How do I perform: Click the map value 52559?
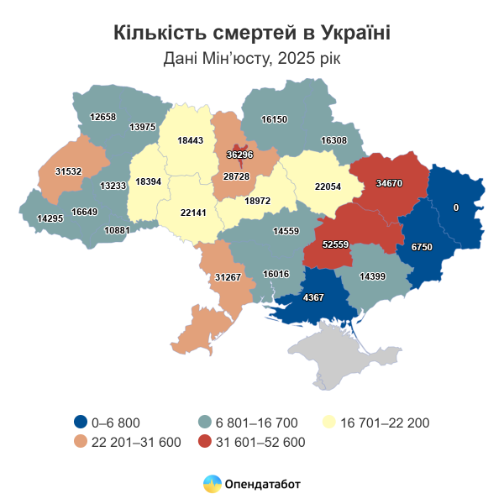click(335, 244)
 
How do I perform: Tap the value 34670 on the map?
click(389, 182)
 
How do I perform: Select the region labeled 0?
click(456, 207)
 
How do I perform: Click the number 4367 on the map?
click(313, 297)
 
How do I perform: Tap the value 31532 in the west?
click(69, 171)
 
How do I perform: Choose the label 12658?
click(102, 117)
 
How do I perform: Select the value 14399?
click(372, 276)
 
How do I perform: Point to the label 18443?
click(191, 141)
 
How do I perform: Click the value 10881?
click(117, 230)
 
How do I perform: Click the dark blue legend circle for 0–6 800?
click(81, 423)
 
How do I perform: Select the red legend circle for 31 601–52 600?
click(204, 441)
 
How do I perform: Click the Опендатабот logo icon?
click(213, 484)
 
